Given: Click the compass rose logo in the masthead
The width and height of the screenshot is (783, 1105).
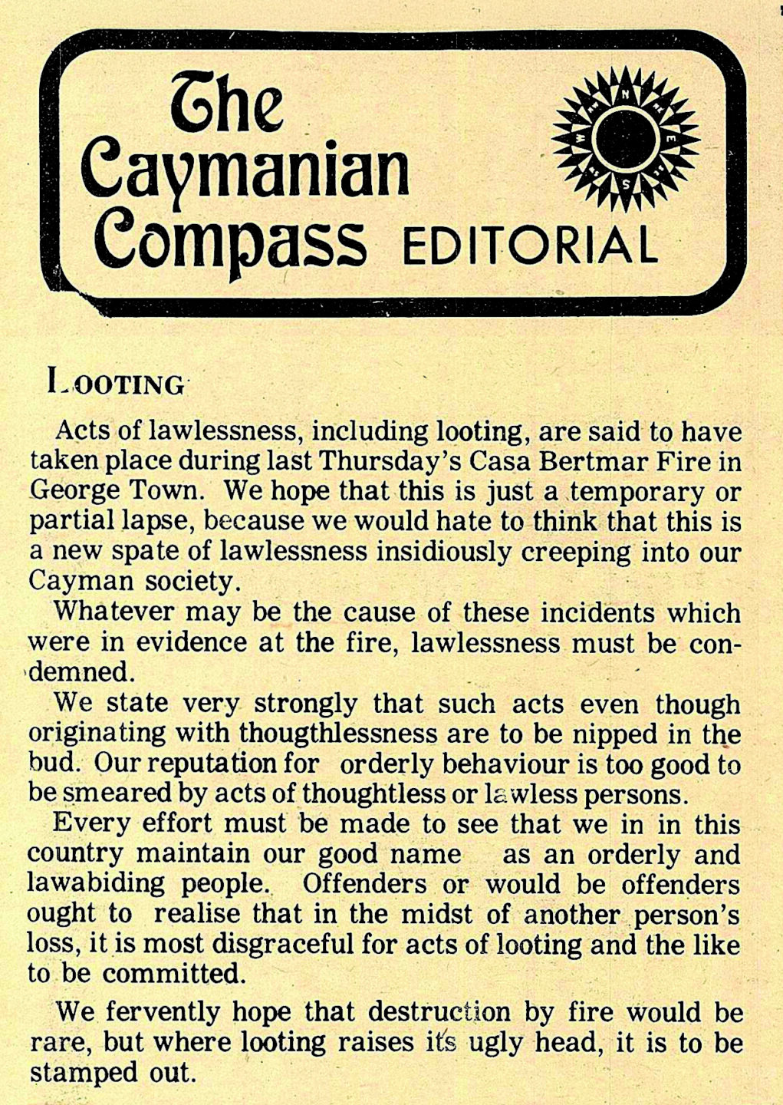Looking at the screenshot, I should tap(626, 137).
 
